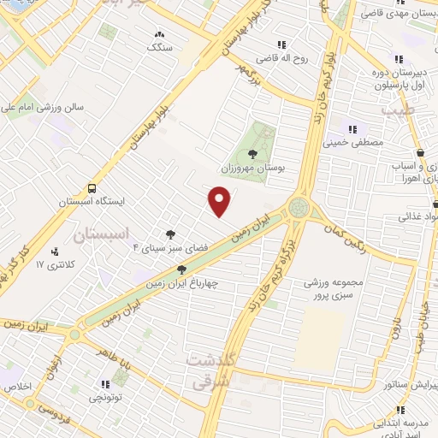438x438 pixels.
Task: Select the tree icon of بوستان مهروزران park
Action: coord(252,154)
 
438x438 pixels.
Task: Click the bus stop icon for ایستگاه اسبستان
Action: coord(91,188)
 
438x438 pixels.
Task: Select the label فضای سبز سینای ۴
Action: coord(158,248)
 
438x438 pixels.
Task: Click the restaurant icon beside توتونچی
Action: coord(105,384)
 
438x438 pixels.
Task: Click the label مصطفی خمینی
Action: coord(350,143)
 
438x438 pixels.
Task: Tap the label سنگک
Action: coord(160,48)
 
